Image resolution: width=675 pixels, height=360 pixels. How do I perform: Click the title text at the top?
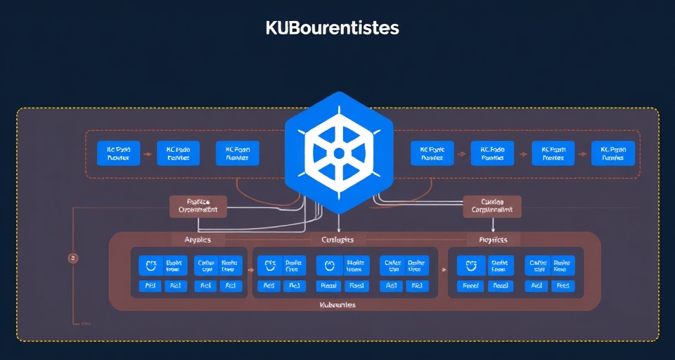[x=333, y=29]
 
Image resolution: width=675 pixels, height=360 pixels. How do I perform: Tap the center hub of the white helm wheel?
[x=338, y=153]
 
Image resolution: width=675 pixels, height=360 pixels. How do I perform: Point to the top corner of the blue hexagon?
[x=338, y=92]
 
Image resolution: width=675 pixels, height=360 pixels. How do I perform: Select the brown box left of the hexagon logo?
[x=198, y=206]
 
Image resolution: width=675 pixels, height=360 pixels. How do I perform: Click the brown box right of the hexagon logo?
[x=492, y=206]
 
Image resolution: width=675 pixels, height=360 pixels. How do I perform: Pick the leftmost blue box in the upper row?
[x=118, y=153]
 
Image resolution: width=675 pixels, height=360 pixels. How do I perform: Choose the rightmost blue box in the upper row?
[x=613, y=153]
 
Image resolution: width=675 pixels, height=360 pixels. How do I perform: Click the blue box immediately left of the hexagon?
[x=238, y=153]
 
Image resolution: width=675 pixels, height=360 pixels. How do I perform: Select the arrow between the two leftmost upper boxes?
[x=148, y=153]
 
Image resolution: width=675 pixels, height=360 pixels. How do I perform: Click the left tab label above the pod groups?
[x=198, y=240]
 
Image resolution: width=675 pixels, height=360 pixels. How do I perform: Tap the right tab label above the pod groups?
[x=493, y=240]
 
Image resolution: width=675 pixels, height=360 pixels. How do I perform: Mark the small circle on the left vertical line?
[x=72, y=258]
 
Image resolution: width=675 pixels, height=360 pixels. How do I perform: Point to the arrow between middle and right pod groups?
[x=443, y=269]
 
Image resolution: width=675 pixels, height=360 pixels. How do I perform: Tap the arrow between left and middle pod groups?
[x=250, y=269]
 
